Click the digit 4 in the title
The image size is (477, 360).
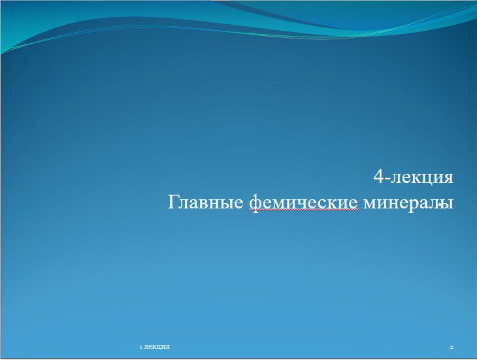point(378,176)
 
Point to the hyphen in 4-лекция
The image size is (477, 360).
point(387,178)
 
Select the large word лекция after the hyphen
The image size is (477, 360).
point(422,178)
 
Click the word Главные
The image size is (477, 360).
point(205,202)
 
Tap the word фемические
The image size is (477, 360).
point(303,203)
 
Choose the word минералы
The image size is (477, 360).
point(408,203)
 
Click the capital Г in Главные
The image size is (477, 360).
point(173,202)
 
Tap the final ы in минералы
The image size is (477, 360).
point(448,203)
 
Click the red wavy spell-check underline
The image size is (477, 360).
point(303,210)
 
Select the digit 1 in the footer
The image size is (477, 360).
point(141,347)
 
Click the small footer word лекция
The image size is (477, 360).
point(157,347)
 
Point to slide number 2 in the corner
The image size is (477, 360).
point(452,347)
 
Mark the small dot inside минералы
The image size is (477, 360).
point(440,205)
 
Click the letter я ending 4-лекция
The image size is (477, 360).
point(448,178)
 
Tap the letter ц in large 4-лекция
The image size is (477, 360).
point(427,179)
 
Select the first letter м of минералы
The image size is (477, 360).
point(370,203)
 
